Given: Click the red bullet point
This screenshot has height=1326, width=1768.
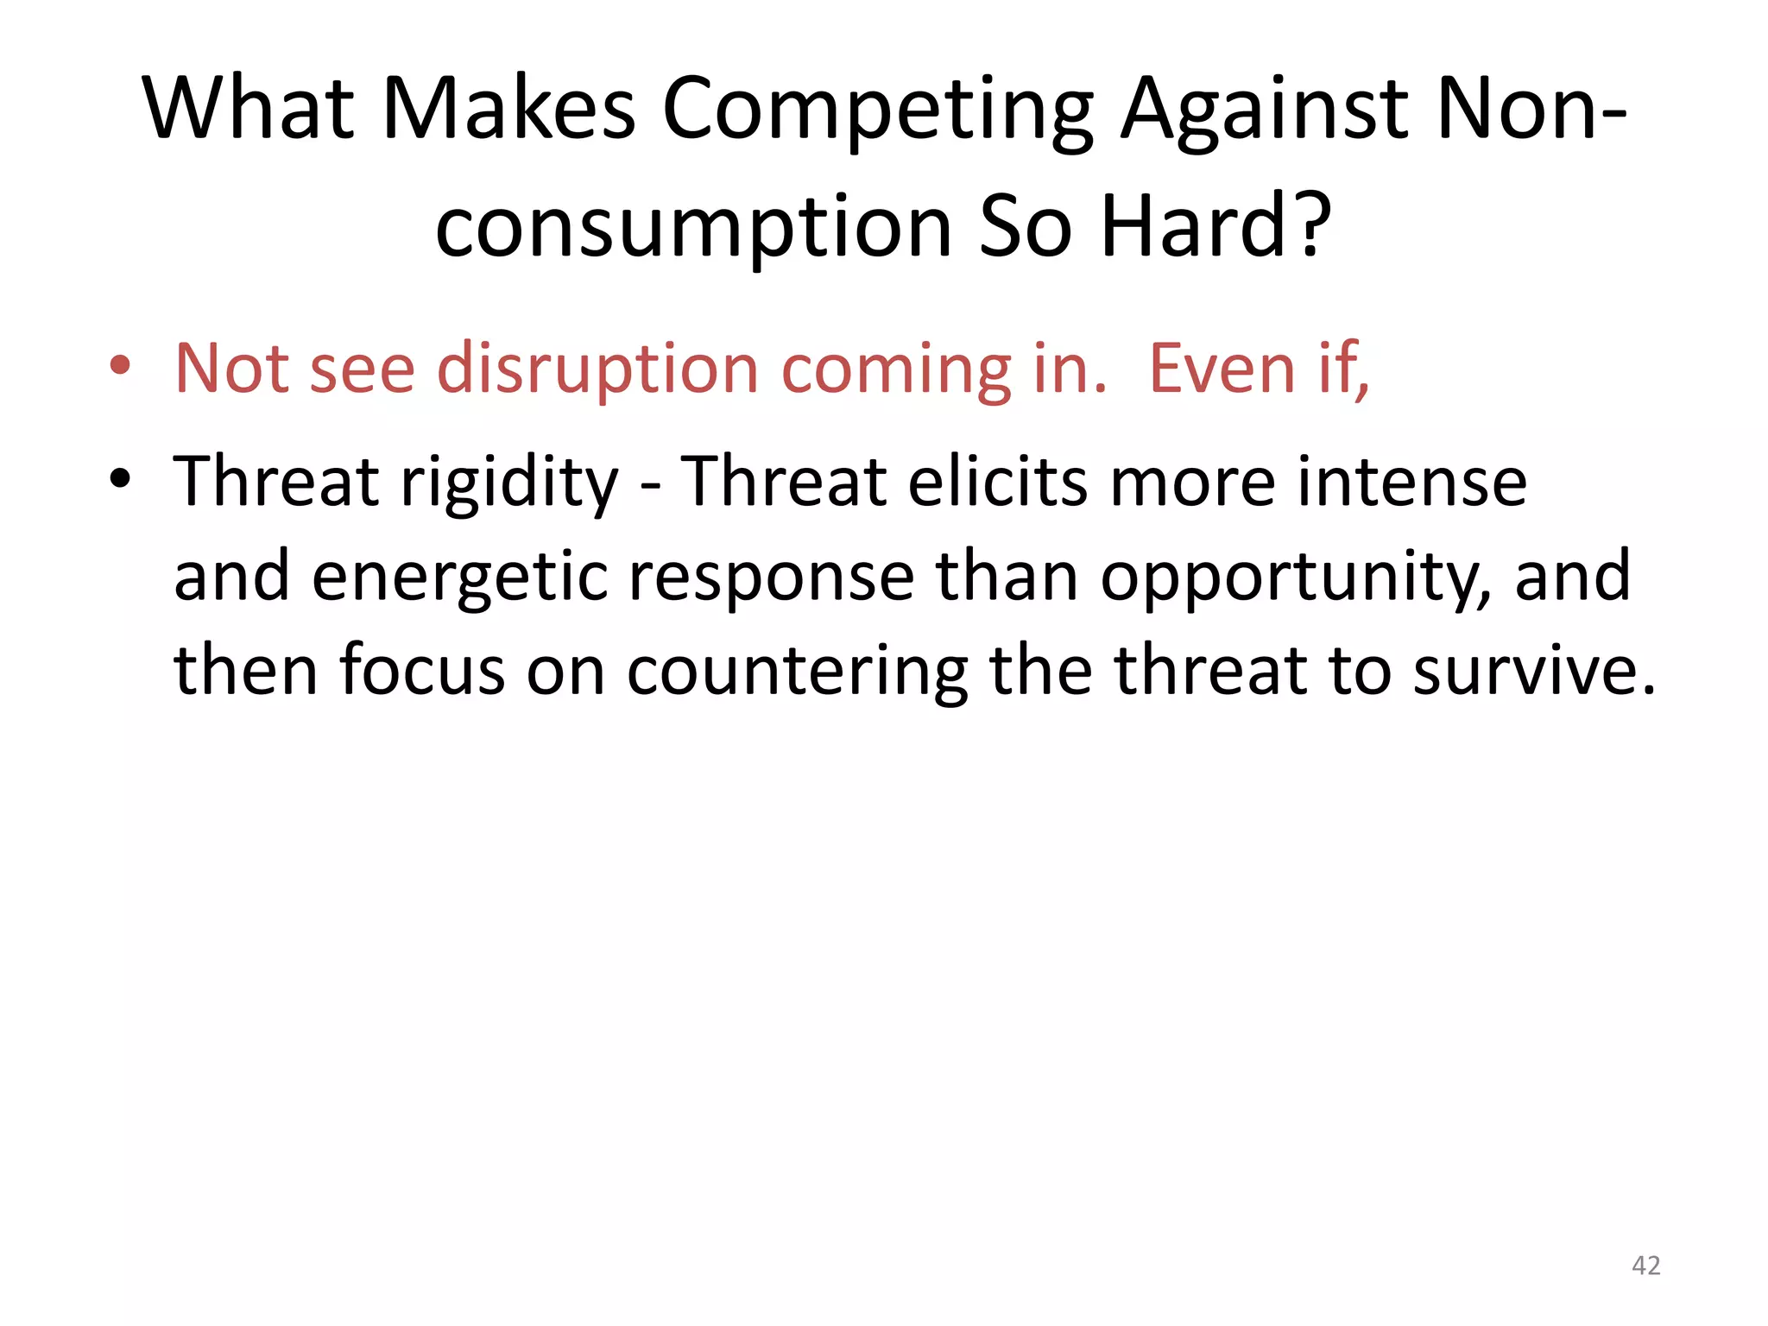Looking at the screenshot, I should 120,366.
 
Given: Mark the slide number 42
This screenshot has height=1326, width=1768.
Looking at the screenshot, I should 1645,1266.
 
